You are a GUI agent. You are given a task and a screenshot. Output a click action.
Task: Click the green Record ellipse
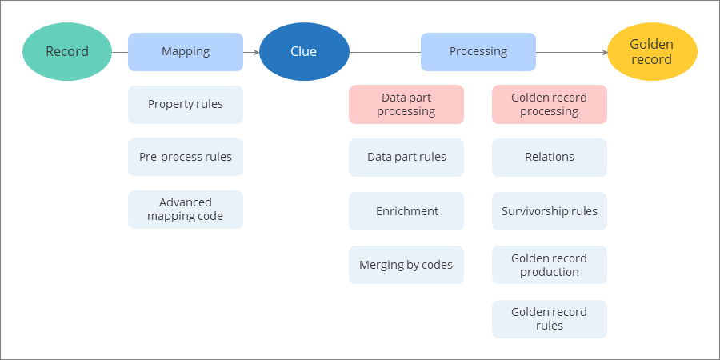67,52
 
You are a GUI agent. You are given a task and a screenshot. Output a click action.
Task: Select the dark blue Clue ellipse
304,52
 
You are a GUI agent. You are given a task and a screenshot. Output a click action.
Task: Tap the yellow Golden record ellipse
652,52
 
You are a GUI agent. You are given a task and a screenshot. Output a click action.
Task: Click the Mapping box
186,52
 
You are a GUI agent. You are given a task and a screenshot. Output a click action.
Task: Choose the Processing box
478,52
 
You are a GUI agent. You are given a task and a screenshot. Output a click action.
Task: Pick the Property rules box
186,105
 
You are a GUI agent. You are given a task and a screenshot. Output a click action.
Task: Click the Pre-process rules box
186,157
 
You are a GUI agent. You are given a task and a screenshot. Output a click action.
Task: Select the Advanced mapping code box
186,210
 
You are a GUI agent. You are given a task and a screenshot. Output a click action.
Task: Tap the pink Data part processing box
406,105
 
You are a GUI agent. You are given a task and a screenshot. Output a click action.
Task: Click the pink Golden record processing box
550,105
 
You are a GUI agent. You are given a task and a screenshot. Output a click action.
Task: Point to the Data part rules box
406,158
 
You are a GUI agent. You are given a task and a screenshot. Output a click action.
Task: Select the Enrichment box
406,212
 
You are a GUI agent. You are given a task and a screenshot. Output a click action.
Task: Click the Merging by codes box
406,265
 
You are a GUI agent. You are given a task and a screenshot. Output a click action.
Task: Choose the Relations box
550,158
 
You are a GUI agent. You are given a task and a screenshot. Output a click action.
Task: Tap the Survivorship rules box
550,212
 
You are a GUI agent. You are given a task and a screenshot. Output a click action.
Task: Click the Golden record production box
550,265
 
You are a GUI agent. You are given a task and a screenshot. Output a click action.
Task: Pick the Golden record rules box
550,319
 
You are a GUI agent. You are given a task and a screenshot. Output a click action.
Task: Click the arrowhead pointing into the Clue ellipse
256,53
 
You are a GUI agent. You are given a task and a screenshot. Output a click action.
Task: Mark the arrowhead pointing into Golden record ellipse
604,53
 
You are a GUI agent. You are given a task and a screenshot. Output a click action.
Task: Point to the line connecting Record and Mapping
120,53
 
